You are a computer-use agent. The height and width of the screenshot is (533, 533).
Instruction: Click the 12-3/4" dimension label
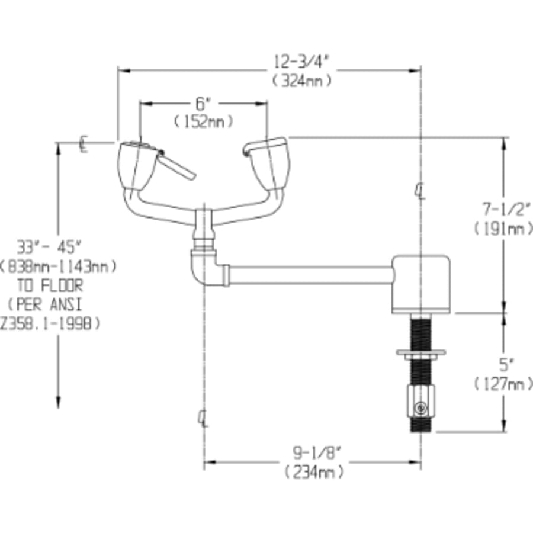click(301, 61)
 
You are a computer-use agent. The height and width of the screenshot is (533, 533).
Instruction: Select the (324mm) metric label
click(301, 81)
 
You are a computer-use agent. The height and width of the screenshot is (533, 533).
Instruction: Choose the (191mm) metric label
click(503, 228)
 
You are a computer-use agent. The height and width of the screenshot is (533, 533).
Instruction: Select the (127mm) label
click(503, 384)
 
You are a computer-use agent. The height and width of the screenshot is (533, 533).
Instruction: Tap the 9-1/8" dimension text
click(314, 454)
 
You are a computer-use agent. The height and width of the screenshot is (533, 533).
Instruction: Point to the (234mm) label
click(314, 472)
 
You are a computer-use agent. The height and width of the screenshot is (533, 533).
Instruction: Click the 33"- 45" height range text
click(57, 246)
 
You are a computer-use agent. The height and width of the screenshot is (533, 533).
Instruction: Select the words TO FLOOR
click(58, 285)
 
